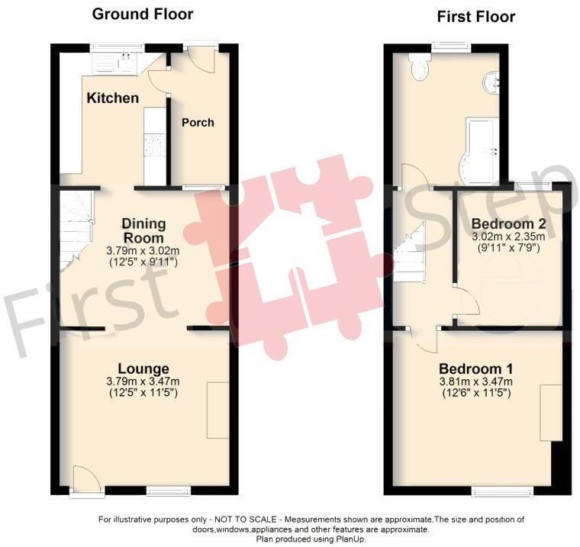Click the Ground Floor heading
(x=143, y=14)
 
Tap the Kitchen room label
(x=112, y=98)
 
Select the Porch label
(x=198, y=122)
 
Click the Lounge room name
(x=144, y=368)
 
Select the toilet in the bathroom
(x=419, y=68)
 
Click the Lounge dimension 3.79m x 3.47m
(x=144, y=382)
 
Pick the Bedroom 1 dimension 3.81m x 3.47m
(x=475, y=382)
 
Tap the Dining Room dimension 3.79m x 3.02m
(x=144, y=252)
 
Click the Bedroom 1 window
(x=495, y=491)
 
